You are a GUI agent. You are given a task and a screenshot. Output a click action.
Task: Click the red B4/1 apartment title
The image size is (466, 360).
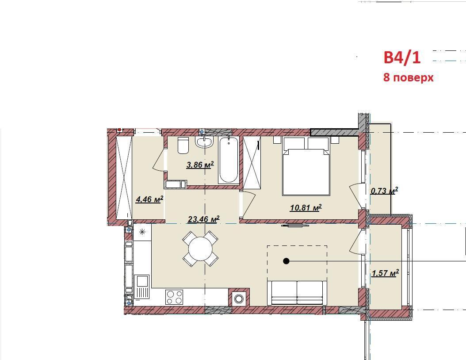tap(402, 57)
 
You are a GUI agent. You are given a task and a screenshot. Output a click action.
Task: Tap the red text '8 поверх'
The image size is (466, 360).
tap(409, 77)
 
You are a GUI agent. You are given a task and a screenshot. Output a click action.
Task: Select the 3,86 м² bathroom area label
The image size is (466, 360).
tap(200, 165)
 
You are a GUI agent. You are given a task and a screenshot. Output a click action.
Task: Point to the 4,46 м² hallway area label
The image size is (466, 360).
tap(149, 199)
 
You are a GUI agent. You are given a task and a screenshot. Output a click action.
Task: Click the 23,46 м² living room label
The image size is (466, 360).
tap(203, 219)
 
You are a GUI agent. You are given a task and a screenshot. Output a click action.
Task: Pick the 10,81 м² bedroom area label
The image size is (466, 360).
tap(306, 207)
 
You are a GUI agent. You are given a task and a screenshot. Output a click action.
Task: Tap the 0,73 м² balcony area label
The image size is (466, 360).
tap(384, 191)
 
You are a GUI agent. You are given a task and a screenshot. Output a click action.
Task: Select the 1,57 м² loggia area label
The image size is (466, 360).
tap(385, 273)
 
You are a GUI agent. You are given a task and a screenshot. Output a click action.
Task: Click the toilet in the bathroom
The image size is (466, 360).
tap(183, 146)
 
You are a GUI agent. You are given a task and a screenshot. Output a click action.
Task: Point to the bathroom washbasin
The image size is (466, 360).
tap(204, 142)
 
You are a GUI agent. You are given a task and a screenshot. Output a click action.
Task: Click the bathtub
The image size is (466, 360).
tap(229, 160)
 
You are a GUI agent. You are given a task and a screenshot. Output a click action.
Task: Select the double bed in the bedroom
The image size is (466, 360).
tap(306, 166)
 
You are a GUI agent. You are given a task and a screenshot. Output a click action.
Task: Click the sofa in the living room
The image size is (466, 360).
tap(297, 292)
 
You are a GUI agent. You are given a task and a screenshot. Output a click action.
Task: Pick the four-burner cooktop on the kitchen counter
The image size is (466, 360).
tap(175, 297)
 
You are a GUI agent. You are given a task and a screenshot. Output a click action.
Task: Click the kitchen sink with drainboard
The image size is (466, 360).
tap(142, 287)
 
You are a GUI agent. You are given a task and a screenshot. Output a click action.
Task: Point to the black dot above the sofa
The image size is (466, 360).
tap(286, 261)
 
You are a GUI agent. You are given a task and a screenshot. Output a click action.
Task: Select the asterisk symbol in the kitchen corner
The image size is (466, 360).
tap(142, 232)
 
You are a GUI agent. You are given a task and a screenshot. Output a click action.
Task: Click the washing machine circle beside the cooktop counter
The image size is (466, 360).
tap(239, 299)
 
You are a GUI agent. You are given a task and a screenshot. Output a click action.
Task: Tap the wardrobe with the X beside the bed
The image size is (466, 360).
tap(252, 162)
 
